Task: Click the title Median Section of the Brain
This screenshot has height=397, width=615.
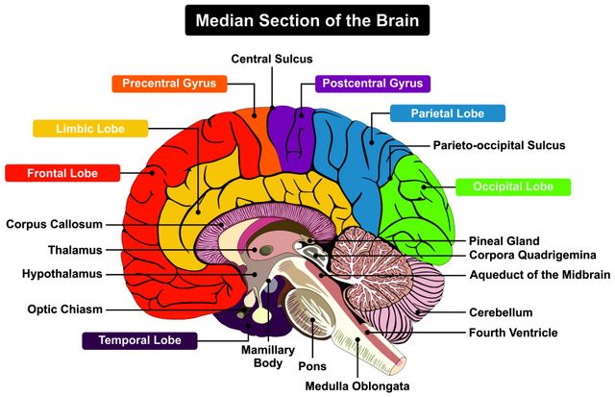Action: [x=307, y=19]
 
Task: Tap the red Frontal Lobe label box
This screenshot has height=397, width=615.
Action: [x=62, y=173]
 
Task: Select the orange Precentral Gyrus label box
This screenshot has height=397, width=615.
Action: [x=170, y=84]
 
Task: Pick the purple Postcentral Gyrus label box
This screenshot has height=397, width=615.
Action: [x=374, y=84]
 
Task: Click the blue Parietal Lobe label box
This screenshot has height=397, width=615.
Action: [x=448, y=113]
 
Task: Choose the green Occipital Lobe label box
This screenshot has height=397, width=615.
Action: [x=513, y=186]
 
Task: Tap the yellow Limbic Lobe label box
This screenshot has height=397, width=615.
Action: [x=91, y=128]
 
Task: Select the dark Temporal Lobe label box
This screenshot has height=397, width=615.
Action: [x=139, y=339]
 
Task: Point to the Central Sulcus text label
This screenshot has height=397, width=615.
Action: [x=272, y=59]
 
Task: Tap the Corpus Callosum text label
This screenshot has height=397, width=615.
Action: [x=54, y=224]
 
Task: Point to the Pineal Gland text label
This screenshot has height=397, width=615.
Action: [x=504, y=240]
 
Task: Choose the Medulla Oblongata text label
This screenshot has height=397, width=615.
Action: [x=357, y=386]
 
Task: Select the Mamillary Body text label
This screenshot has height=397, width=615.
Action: [x=261, y=357]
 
